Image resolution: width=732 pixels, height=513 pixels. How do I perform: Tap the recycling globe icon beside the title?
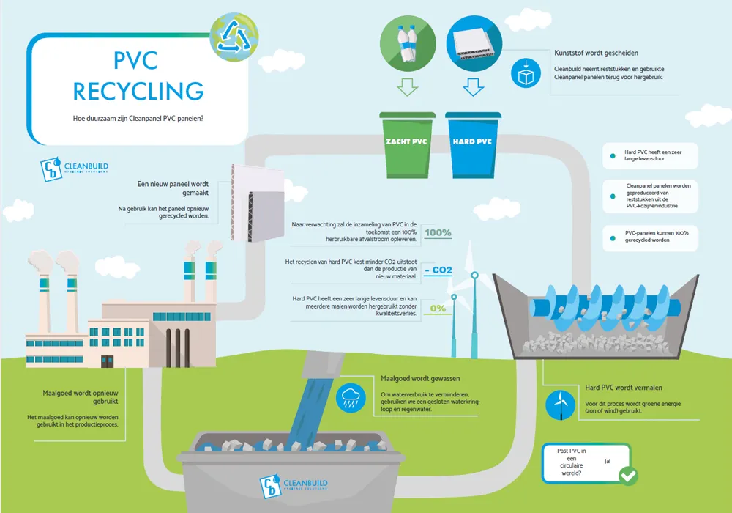point(233,36)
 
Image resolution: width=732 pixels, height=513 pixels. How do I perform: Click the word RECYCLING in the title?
point(138,91)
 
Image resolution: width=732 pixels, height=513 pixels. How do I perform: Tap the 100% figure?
point(438,233)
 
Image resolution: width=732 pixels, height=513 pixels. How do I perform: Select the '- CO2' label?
point(438,270)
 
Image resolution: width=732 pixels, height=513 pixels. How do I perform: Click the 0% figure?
point(438,309)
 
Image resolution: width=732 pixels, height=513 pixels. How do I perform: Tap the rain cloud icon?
point(350,399)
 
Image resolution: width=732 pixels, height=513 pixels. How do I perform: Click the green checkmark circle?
point(627,476)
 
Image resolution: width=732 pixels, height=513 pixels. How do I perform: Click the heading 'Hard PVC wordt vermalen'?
point(624,388)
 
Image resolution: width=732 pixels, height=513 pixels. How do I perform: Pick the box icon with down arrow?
point(525,74)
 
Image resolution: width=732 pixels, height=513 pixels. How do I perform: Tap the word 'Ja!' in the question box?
point(608,462)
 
